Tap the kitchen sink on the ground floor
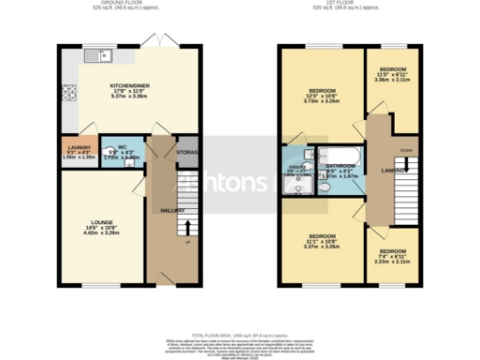97,56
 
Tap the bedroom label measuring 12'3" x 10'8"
322,95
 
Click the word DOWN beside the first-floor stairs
405,150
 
